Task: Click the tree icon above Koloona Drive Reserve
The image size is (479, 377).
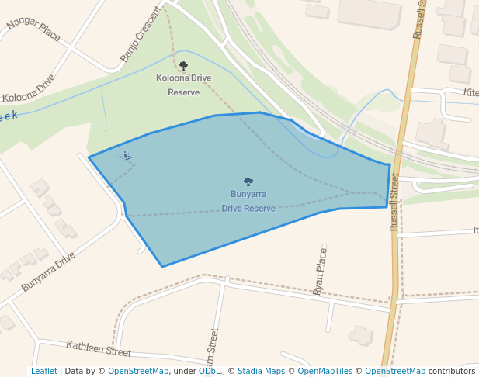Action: [183, 66]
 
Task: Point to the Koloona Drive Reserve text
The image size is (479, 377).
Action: [183, 85]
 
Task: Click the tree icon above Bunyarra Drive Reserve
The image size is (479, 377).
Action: [248, 182]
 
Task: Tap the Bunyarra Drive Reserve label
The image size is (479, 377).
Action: [248, 201]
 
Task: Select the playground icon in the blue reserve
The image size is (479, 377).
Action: [128, 157]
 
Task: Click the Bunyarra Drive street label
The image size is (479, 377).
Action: [48, 271]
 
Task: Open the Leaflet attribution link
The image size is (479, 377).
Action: [43, 371]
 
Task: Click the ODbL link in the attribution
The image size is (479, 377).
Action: [209, 371]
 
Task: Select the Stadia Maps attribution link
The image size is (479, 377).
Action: [261, 371]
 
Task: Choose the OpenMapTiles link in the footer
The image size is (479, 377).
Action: [321, 371]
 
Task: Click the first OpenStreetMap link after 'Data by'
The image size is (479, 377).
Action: [137, 371]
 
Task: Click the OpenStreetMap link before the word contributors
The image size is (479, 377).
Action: [395, 371]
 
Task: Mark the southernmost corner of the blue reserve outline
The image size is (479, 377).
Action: [162, 267]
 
